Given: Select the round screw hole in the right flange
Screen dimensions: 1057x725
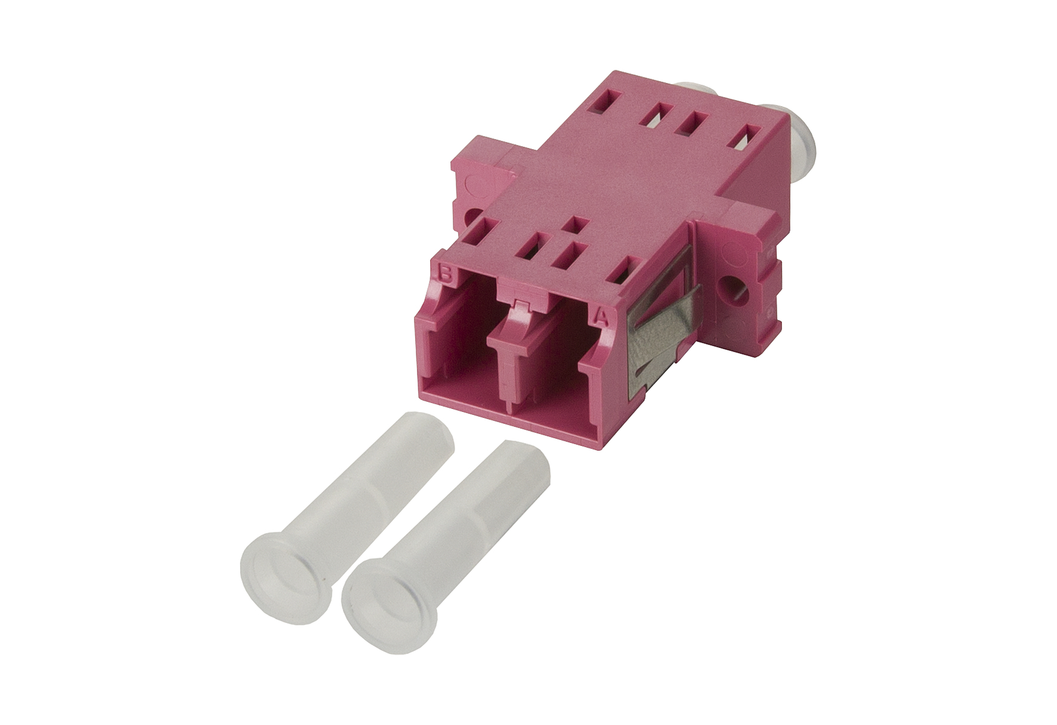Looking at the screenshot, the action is (x=729, y=286).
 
